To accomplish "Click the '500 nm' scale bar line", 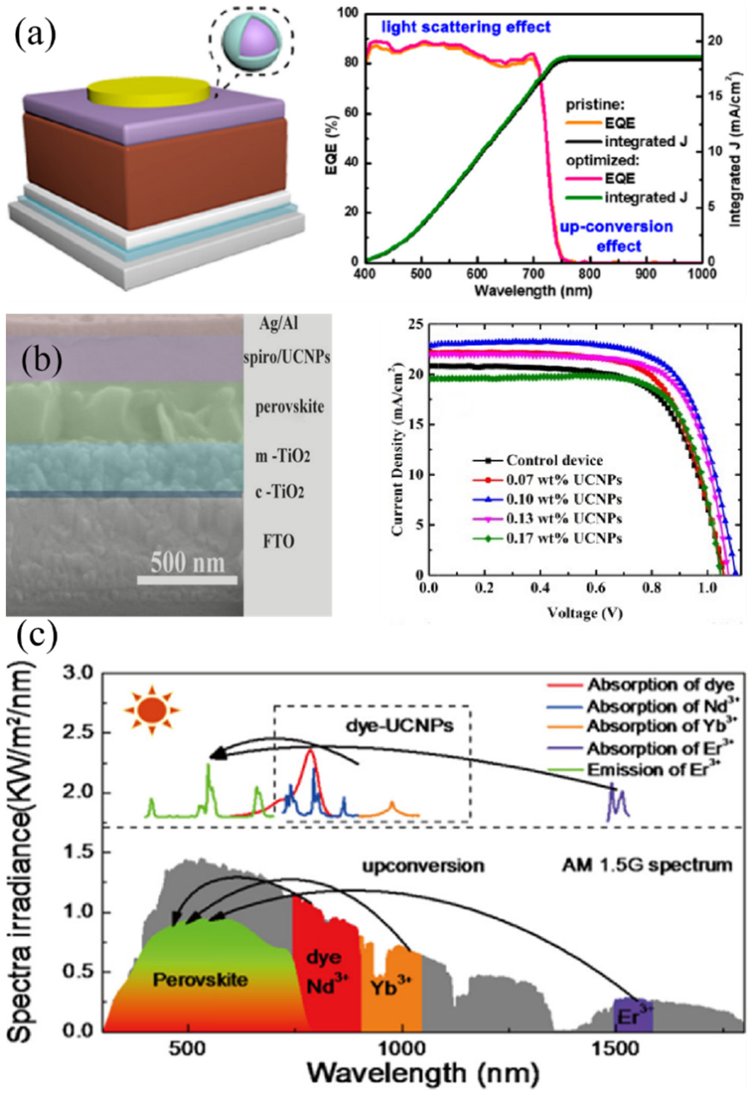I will pyautogui.click(x=187, y=580).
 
